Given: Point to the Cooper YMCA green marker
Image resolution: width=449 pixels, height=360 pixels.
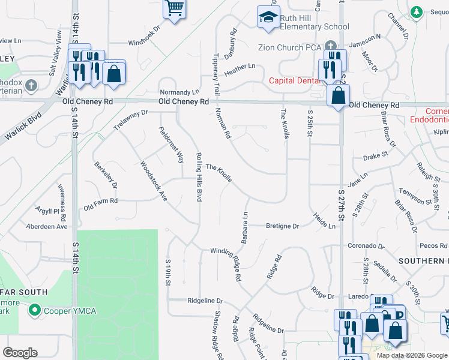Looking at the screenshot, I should [35, 310].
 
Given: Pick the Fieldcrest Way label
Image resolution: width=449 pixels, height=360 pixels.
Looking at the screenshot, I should [172, 145].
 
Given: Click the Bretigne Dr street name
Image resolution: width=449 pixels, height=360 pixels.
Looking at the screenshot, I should [283, 226].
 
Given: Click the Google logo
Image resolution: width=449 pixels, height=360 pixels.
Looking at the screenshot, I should [20, 353].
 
